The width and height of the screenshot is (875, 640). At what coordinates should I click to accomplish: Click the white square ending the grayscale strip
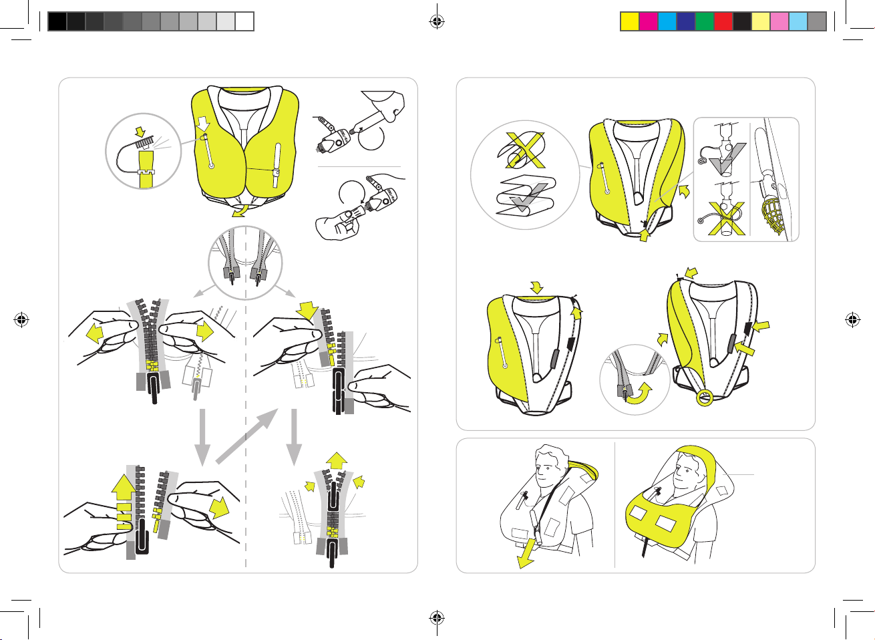(244, 21)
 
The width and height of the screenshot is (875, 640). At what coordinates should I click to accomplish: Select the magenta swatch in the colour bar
(648, 21)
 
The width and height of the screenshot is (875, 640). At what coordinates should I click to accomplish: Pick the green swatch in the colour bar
(704, 21)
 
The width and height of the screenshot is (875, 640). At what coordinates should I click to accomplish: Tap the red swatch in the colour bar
(723, 21)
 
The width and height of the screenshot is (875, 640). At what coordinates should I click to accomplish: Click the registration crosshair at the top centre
(437, 21)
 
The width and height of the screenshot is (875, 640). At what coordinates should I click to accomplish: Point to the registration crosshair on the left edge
(22, 320)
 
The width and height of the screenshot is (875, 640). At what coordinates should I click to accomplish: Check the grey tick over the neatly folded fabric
(525, 198)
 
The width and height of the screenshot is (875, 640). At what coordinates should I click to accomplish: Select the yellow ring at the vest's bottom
(704, 399)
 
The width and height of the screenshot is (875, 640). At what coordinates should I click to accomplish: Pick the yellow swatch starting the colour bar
(629, 21)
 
